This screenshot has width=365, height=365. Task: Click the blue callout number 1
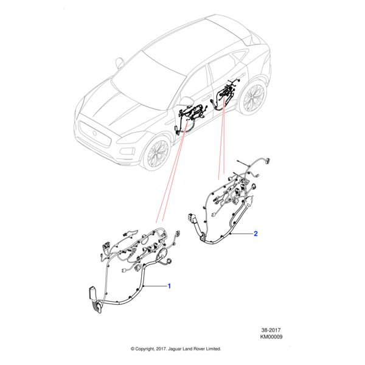(169, 285)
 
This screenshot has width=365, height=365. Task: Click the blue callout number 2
(255, 234)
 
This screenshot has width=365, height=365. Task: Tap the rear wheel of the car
(253, 97)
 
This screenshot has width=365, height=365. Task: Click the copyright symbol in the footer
(133, 349)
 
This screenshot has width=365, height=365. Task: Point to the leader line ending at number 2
(243, 234)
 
